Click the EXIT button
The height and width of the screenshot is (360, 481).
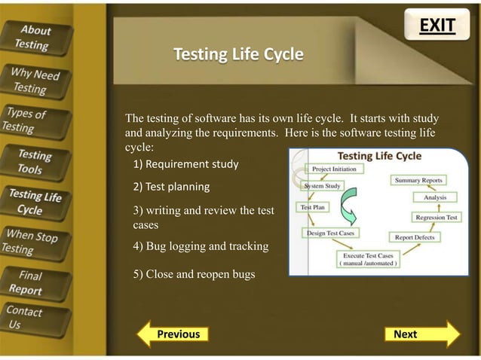pos(437,26)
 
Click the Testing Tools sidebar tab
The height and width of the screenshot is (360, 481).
pos(35,162)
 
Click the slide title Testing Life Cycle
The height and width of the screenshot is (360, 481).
pos(238,54)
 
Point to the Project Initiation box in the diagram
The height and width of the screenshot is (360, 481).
pos(333,169)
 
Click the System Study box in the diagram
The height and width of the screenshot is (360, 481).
pos(323,185)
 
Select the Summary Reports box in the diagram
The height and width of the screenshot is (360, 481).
pos(418,181)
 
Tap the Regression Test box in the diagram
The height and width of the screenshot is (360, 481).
pos(436,217)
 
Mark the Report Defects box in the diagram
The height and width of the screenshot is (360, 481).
pos(412,236)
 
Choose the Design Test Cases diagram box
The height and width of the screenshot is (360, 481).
pos(330,233)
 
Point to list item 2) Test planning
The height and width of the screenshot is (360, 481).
pos(171,187)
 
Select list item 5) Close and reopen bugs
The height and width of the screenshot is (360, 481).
pos(194,274)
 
